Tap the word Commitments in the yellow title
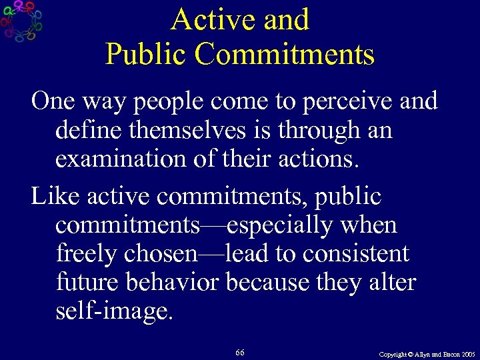(x=285, y=54)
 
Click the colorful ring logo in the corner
(x=21, y=21)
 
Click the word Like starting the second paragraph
(x=57, y=197)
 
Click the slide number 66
(x=239, y=352)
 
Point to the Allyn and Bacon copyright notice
(x=427, y=353)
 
